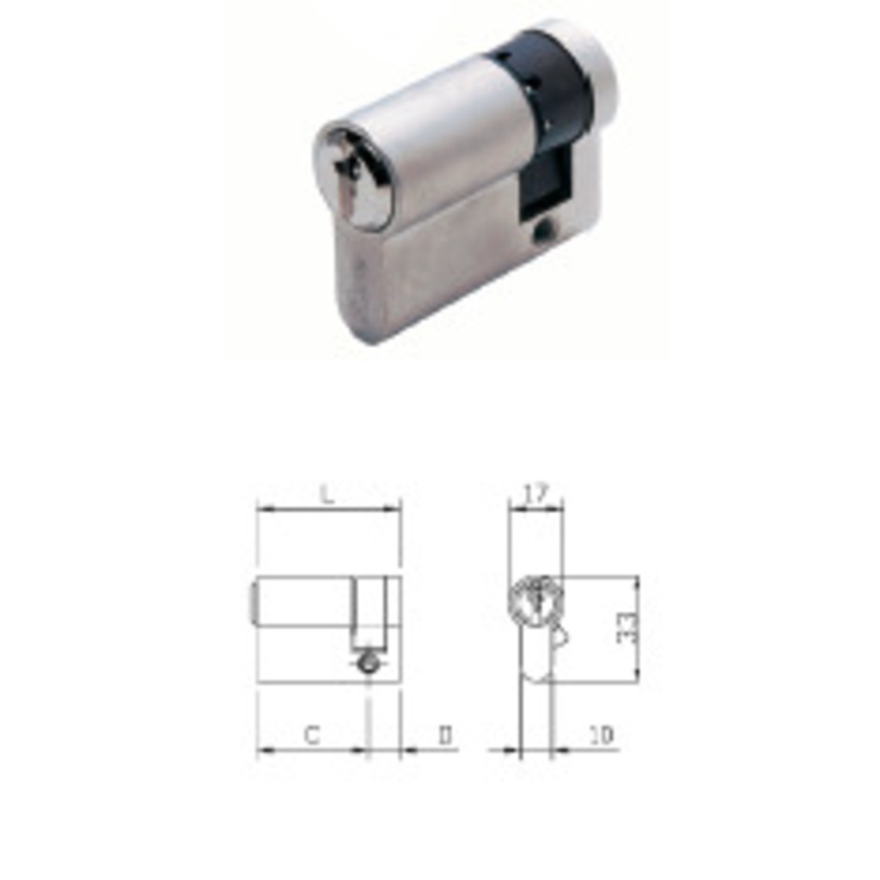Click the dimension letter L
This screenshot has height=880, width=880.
(x=326, y=494)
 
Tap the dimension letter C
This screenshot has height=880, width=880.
(x=312, y=736)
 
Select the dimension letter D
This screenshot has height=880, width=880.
(x=445, y=736)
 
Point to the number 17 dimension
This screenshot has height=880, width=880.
(x=535, y=494)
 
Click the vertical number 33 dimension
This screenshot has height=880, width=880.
(x=628, y=627)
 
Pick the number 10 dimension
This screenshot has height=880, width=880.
(x=601, y=736)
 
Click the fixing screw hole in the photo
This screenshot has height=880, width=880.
(x=542, y=231)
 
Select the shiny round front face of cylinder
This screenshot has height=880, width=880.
(x=355, y=176)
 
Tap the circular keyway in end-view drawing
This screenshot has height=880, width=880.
(x=535, y=599)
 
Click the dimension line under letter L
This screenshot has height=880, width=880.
(x=328, y=509)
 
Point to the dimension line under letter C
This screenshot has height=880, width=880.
(x=312, y=750)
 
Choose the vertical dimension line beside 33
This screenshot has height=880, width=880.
(x=638, y=629)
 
